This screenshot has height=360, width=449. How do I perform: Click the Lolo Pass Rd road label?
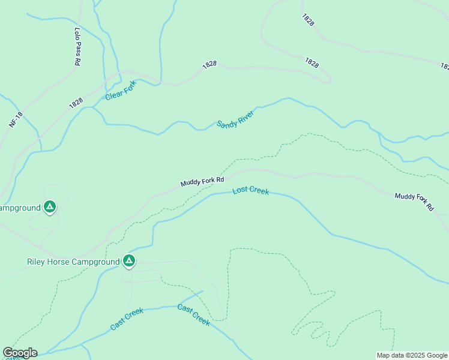(77, 46)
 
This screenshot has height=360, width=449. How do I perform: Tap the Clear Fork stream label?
(121, 90)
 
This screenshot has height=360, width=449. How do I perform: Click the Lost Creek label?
(250, 191)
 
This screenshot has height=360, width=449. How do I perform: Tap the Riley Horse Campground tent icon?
(128, 261)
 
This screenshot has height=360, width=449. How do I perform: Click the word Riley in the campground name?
(38, 262)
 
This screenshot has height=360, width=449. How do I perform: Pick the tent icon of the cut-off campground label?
(50, 207)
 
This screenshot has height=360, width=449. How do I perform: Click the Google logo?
(20, 353)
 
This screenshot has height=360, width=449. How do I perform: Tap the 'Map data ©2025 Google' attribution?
(412, 355)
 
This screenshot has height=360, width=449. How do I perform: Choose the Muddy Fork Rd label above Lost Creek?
(202, 180)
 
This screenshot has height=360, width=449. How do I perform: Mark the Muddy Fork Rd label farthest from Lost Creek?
(414, 202)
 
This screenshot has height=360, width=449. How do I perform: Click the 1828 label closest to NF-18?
(76, 103)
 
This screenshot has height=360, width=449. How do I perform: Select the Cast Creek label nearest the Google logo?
(127, 319)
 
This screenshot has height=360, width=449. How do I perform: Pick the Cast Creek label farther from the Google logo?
(193, 314)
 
